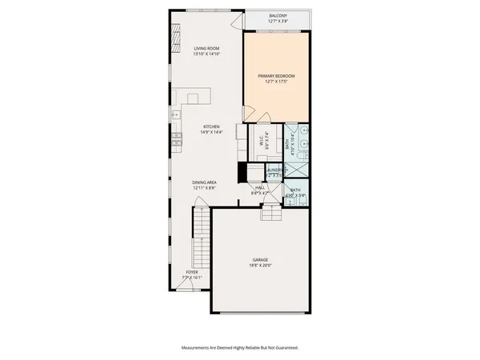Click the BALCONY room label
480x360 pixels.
(278, 16)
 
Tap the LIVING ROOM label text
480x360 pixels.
(206, 48)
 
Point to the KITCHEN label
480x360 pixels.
(210, 126)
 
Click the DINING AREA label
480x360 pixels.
(205, 182)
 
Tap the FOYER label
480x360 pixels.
(192, 272)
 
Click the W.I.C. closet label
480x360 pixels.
(262, 140)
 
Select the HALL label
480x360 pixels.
(260, 188)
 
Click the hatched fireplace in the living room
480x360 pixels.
(175, 35)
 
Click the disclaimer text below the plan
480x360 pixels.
(240, 347)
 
